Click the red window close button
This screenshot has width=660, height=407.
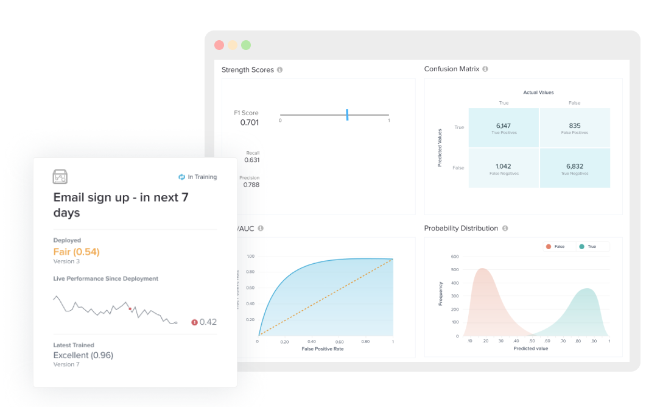coord(219,45)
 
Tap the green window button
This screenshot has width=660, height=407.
coord(246,45)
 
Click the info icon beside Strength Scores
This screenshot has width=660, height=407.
coord(280,70)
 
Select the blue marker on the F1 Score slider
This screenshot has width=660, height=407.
coord(347,115)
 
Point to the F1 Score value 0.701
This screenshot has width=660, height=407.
coord(249,122)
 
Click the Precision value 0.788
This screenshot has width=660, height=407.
coord(251,185)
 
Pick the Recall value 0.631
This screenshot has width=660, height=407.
coord(251,160)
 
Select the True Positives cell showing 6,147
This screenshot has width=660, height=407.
coord(503,127)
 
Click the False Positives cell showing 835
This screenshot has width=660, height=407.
coord(574,127)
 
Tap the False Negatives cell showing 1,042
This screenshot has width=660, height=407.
coord(503,168)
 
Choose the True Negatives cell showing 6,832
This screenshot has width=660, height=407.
coord(574,168)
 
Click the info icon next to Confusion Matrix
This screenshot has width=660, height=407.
coord(485,69)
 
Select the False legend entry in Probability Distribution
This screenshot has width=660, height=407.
coord(555,247)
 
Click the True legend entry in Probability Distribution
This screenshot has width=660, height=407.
coord(588,247)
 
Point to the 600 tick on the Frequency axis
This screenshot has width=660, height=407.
coord(455,257)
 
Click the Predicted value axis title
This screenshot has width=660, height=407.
coord(530,349)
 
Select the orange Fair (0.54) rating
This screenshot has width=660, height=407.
coord(77,252)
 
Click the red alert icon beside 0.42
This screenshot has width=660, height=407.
coord(195,322)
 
